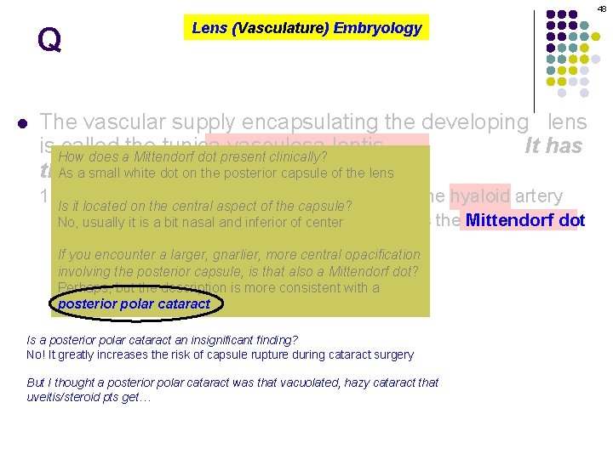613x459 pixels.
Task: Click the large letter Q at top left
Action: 49,41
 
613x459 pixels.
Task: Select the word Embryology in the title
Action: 377,28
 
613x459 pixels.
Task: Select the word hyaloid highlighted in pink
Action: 480,196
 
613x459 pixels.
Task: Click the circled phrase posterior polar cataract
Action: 135,303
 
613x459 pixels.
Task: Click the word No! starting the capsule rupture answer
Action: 38,354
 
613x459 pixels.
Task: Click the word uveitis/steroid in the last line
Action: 66,397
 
